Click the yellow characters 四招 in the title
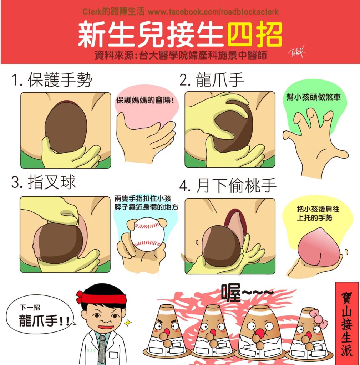254,35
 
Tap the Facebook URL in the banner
213,12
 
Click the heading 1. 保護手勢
52,79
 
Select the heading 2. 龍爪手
212,80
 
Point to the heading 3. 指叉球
44,182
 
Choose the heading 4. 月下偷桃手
228,185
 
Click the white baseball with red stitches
147,234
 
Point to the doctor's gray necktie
102,349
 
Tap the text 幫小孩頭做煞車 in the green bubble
313,97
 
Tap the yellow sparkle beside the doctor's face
128,323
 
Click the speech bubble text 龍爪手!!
44,320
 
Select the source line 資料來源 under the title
181,55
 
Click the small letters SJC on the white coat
91,351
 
